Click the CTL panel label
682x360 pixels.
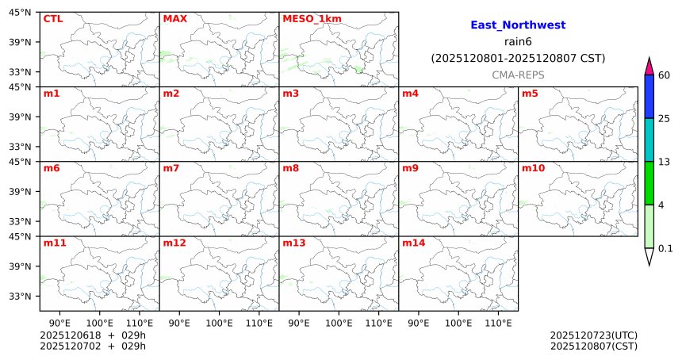(x=52, y=19)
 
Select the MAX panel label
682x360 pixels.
(x=174, y=19)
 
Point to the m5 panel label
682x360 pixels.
(x=530, y=94)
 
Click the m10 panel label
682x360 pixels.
(x=533, y=168)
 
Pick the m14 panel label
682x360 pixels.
(x=413, y=243)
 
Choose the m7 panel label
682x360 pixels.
(x=170, y=168)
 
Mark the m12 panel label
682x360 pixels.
(x=174, y=243)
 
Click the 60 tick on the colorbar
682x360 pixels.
(x=665, y=75)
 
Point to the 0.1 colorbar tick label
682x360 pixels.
(x=666, y=248)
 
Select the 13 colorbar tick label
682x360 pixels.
(x=665, y=162)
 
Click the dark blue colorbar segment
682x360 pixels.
(x=649, y=97)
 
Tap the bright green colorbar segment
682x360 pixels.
(x=649, y=183)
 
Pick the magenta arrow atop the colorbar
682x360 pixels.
(x=649, y=67)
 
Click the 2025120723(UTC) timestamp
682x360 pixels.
(x=593, y=335)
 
